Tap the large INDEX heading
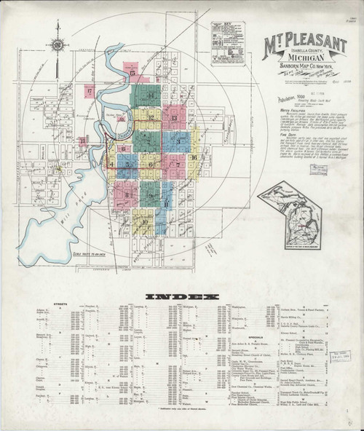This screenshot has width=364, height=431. (181, 297)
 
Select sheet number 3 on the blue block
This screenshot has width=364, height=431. (175, 140)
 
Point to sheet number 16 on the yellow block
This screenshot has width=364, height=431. (194, 157)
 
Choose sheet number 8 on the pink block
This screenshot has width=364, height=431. (128, 194)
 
